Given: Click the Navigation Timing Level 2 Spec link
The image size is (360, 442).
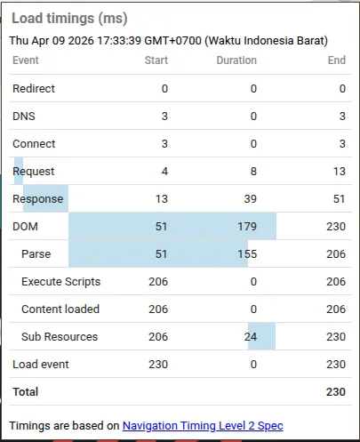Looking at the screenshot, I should [x=203, y=426].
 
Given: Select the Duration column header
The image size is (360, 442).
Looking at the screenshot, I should [x=236, y=60].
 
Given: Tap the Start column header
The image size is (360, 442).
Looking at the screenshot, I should [x=156, y=60].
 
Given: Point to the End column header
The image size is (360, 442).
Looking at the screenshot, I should [x=336, y=60].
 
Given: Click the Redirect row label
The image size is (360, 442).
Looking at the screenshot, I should [x=34, y=89].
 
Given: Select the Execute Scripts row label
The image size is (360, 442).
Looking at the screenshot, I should [x=60, y=282].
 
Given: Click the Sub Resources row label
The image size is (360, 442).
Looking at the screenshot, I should [x=60, y=337].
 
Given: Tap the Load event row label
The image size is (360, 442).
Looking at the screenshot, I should [x=40, y=365].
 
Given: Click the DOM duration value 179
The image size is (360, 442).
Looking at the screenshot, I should [x=246, y=227].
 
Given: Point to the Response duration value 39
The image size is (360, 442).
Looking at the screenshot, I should [x=250, y=199].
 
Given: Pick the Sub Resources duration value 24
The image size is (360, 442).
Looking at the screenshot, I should [x=250, y=337].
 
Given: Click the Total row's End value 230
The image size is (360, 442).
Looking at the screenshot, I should [x=336, y=391].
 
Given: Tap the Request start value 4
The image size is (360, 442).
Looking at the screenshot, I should [x=164, y=172].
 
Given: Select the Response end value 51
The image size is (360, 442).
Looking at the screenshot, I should [x=339, y=199].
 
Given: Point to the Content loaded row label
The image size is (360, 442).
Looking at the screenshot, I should [x=60, y=309].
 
